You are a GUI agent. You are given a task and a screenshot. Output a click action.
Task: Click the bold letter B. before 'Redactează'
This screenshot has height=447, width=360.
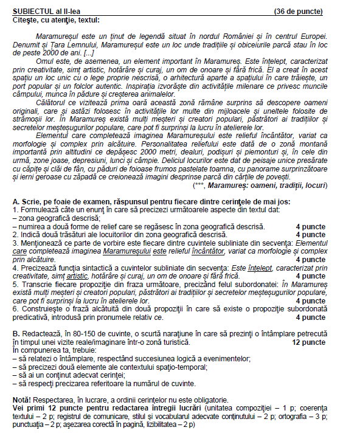click(16, 334)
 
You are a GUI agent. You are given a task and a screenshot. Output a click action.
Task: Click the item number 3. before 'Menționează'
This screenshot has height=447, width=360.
click(15, 242)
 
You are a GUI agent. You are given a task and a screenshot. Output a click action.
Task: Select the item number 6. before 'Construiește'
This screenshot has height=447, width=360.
click(15, 308)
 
